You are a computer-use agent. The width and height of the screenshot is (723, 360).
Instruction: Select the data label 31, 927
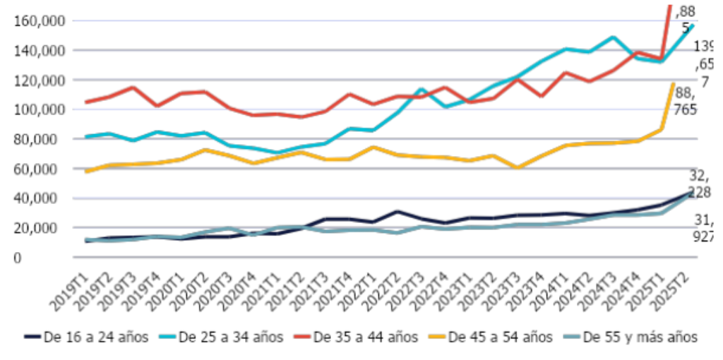coord(703,231)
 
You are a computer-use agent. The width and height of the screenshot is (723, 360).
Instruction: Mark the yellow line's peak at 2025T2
coord(673,84)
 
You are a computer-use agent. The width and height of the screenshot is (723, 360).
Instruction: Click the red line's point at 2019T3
coord(132,88)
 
